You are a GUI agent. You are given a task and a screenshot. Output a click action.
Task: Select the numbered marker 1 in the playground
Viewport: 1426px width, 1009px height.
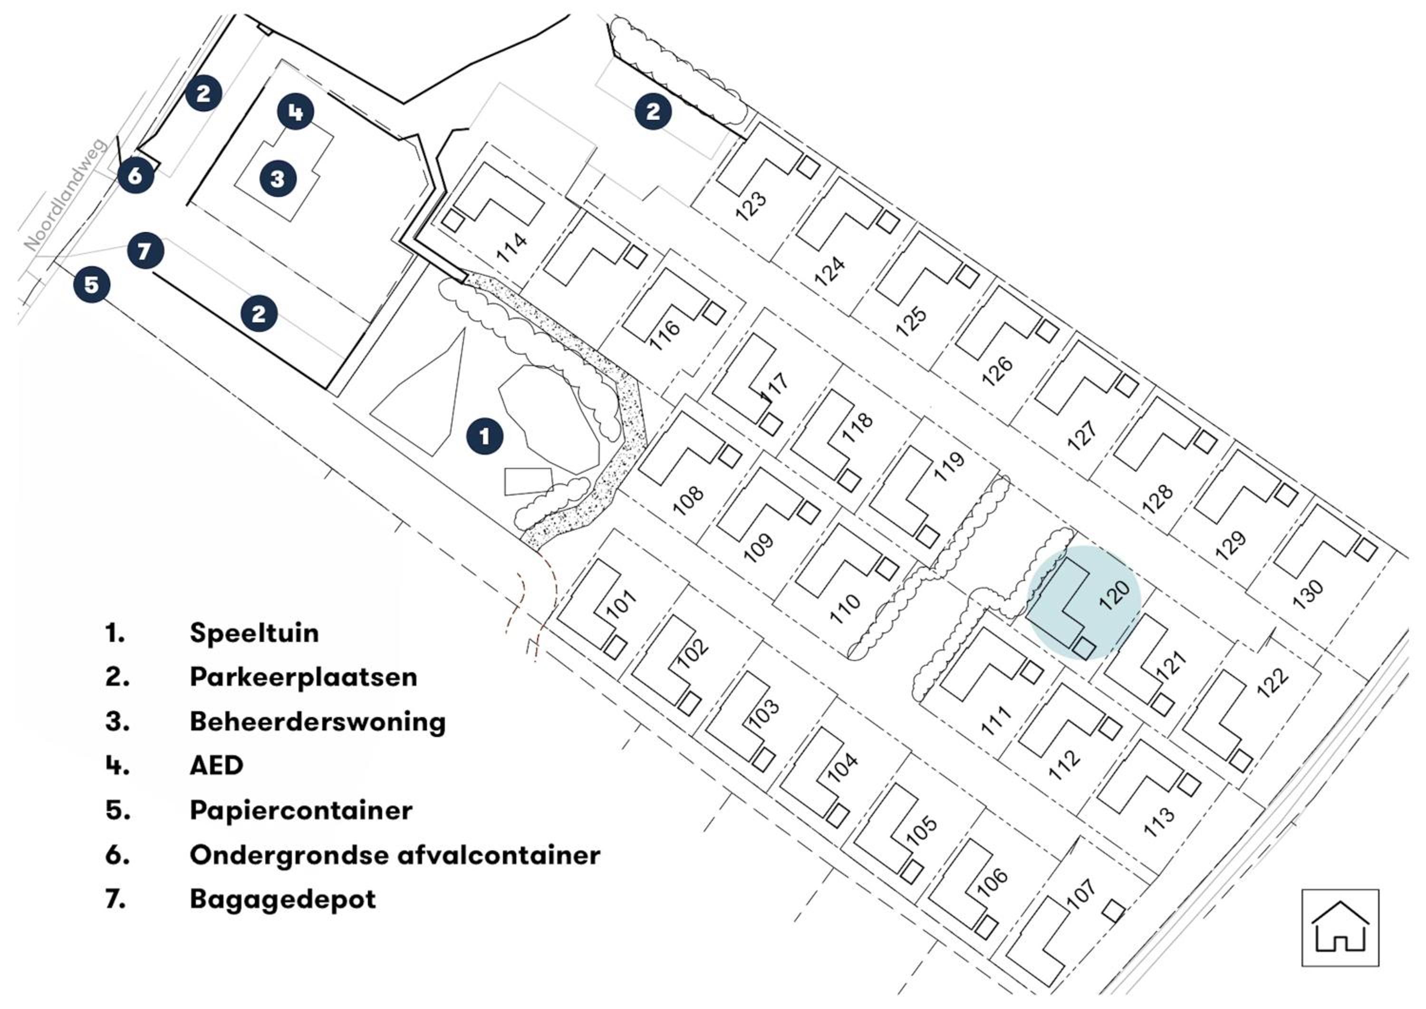click(484, 437)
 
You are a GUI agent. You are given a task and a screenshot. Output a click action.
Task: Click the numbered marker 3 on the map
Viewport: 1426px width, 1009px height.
click(278, 179)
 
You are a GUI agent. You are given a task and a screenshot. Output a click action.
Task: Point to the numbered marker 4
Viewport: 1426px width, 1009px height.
click(296, 112)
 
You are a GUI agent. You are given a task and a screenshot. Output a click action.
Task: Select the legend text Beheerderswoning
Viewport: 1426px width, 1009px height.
click(318, 722)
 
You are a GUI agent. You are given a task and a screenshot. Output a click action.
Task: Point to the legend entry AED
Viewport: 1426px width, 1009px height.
click(216, 766)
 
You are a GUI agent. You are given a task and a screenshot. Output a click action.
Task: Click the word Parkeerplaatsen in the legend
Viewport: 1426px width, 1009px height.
click(304, 677)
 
